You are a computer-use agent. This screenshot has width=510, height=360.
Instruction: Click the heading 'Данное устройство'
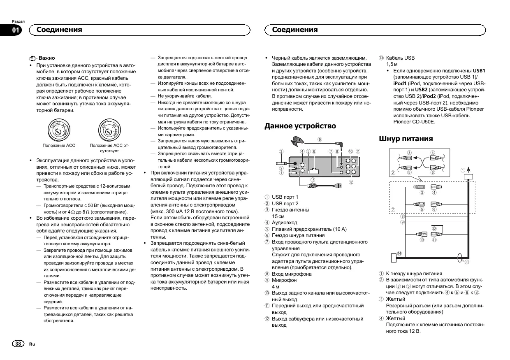pyautogui.click(x=300, y=126)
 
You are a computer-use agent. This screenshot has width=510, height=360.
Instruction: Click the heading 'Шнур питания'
pyautogui.click(x=406, y=139)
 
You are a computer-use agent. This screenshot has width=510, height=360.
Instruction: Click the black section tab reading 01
pyautogui.click(x=16, y=30)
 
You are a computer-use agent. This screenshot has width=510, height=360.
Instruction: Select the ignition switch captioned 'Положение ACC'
pyautogui.click(x=59, y=130)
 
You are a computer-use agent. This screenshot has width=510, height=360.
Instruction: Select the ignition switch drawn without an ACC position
pyautogui.click(x=109, y=130)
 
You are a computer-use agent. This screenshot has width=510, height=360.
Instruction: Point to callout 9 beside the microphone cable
pyautogui.click(x=320, y=139)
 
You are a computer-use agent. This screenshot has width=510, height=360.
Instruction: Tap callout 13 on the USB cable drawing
pyautogui.click(x=313, y=179)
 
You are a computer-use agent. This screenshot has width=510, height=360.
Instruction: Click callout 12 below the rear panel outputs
pyautogui.click(x=351, y=182)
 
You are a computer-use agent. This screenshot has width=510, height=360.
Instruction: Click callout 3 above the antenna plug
pyautogui.click(x=281, y=151)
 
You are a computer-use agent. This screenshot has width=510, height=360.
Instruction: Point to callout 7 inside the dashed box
pyautogui.click(x=393, y=209)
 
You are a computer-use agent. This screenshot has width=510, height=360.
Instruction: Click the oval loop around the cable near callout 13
pyautogui.click(x=460, y=257)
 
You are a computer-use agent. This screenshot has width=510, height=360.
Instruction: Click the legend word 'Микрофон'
pyautogui.click(x=284, y=280)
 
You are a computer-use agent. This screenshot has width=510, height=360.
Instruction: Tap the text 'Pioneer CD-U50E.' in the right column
pyautogui.click(x=414, y=122)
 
